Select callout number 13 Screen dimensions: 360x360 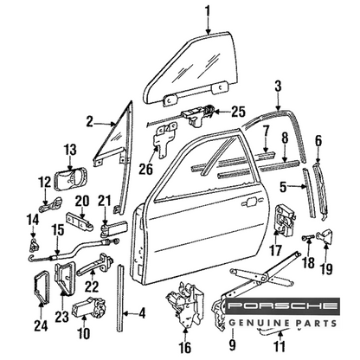coord(70,151)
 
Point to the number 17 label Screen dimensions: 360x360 coord(276,250)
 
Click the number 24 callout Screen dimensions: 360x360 coord(41,325)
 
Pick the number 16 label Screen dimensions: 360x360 coord(185,347)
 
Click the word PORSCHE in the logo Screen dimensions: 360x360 coord(283,306)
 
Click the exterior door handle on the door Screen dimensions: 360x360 coord(250,201)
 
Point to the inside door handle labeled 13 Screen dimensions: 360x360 coord(70,180)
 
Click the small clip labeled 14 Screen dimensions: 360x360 coord(34,244)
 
